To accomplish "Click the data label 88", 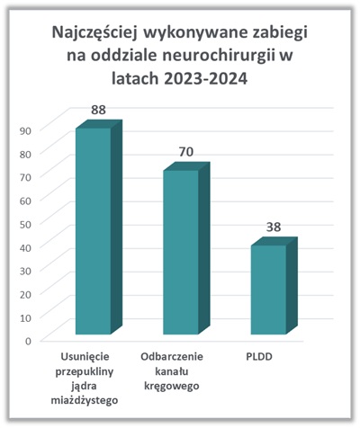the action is tap(98, 110).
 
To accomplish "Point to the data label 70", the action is tap(186, 152).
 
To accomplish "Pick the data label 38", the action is tap(274, 227).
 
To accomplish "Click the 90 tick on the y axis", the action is tap(26, 130).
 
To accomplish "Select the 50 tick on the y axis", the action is tap(26, 224).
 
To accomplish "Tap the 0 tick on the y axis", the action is tap(28, 341).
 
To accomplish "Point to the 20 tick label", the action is tap(26, 294).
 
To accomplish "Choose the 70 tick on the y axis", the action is tap(26, 177).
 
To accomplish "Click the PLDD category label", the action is tap(259, 357).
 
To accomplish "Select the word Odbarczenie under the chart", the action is tap(172, 357).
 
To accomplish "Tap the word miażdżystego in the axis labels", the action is tap(85, 400).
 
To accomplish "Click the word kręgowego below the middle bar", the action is tap(172, 386).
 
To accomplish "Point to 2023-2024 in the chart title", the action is tap(206, 79).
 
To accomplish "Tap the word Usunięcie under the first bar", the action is tap(85, 357).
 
